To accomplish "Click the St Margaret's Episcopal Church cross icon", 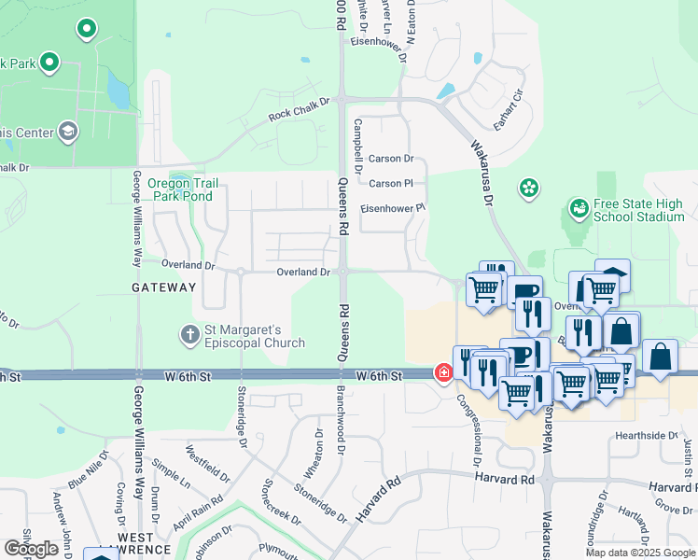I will click(x=189, y=334).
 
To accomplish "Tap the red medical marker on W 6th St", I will click(x=444, y=373).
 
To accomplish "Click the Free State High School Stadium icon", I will click(x=579, y=208).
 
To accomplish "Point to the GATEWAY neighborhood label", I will click(x=163, y=287).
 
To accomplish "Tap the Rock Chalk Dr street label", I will click(x=300, y=108).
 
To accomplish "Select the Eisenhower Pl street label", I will click(x=393, y=208).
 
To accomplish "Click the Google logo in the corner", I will click(x=31, y=548).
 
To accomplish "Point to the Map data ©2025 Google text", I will click(x=639, y=553).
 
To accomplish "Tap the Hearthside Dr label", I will click(x=647, y=436).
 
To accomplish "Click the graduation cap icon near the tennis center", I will click(x=67, y=132).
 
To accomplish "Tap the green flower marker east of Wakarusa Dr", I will click(x=529, y=188).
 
